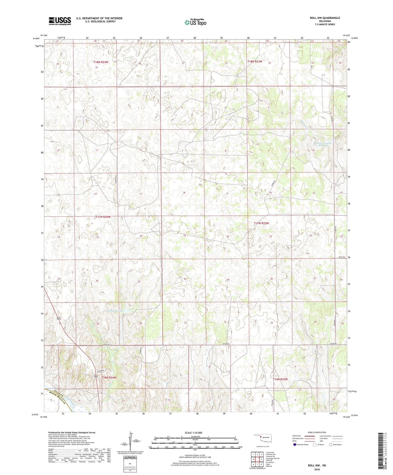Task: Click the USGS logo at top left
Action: [x=60, y=21]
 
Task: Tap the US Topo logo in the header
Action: [x=195, y=23]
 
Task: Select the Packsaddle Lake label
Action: [x=115, y=311]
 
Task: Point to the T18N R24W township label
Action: [x=101, y=62]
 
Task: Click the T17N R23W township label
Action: [x=261, y=223]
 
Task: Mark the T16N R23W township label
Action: [x=280, y=379]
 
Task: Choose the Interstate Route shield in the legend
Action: [x=295, y=445]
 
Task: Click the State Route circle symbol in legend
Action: [x=331, y=444]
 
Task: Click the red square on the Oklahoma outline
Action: [x=261, y=436]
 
